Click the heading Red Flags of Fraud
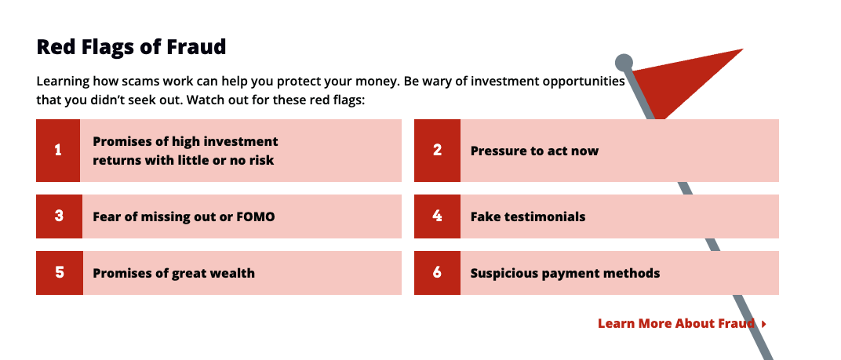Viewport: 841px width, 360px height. tap(131, 47)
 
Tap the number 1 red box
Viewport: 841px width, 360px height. tap(58, 151)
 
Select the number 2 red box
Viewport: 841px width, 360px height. tap(437, 151)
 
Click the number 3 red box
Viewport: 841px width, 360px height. tap(59, 216)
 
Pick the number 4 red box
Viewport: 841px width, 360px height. tap(437, 216)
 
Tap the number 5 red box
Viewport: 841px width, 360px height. tap(59, 273)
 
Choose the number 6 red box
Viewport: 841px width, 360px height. tap(437, 273)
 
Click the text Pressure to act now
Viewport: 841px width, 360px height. tap(534, 151)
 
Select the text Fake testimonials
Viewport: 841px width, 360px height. tap(528, 216)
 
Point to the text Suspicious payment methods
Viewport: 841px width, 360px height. tap(565, 274)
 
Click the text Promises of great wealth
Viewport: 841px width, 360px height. tap(173, 274)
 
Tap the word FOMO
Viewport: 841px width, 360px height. tap(256, 216)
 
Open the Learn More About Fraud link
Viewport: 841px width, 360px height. tap(675, 323)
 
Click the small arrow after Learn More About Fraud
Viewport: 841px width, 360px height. tap(763, 323)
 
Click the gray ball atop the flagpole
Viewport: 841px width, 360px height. tap(624, 62)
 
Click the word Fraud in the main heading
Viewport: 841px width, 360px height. tap(199, 47)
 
